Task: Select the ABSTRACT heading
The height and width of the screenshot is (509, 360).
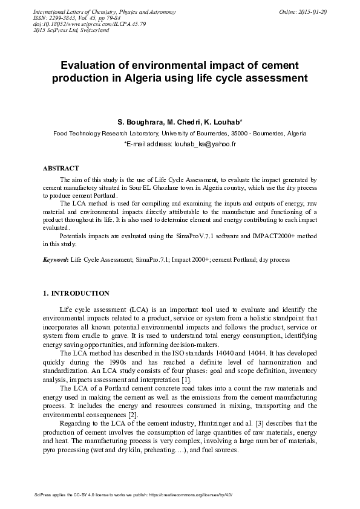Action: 61,168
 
